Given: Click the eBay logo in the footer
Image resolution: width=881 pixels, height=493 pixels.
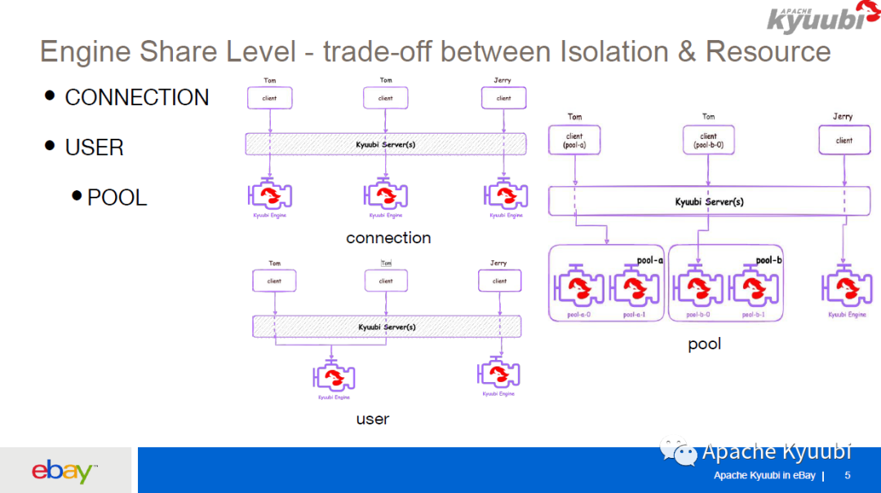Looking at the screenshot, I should pos(64,471).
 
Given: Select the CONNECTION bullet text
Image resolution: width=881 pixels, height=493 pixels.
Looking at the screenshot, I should pos(136,97).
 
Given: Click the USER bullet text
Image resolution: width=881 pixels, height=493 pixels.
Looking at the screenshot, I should pos(94,148).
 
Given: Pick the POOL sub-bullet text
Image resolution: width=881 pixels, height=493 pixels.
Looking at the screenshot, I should pos(117,198).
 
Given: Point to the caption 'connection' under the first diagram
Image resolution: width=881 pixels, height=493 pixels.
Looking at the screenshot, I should pos(388,238).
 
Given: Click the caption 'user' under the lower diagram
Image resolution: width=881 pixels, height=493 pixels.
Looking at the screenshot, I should pos(372,419).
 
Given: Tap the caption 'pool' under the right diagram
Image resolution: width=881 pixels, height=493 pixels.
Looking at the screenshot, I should pos(704,344).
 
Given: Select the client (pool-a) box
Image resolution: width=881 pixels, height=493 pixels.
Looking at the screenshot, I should pos(575,140).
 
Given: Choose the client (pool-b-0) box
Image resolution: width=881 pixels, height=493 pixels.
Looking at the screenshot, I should pos(708,140).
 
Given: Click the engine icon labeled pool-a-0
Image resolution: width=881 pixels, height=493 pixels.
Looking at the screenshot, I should pos(578,287).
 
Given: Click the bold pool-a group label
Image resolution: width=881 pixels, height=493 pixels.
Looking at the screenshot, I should pos(650,260).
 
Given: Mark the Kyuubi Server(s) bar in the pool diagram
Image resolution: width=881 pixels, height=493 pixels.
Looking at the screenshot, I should pos(709,202).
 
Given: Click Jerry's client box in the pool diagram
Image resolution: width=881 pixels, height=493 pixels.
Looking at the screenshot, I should pos(843,140).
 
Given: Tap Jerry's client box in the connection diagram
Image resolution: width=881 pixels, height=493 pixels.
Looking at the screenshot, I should pos(504,98).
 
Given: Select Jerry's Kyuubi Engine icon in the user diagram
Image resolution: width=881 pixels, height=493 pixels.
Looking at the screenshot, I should pos(497,374).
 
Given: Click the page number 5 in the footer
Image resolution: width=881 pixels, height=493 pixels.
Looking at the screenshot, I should pos(848,476).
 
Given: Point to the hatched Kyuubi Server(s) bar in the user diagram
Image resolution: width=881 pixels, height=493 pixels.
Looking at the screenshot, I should pos(387,326).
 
